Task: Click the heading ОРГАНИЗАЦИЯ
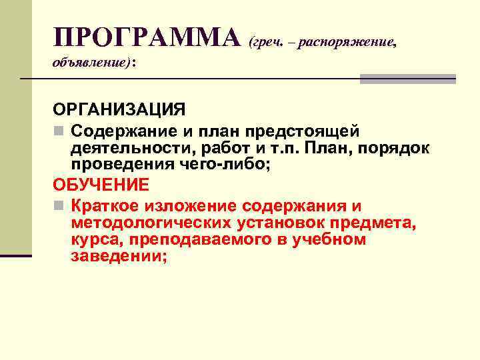[119, 109]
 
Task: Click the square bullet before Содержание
[59, 128]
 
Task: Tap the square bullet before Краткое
[59, 204]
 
